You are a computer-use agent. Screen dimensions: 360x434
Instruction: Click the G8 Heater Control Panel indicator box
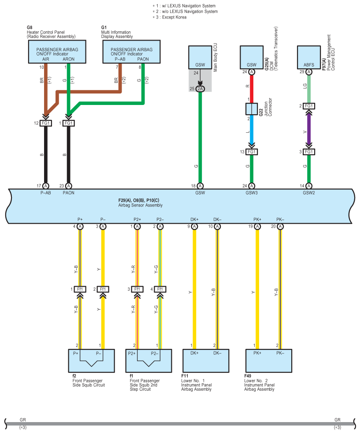[57, 52]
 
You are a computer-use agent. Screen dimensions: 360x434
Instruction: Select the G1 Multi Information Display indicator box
[132, 52]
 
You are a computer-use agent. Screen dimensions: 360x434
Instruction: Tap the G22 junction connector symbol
[252, 109]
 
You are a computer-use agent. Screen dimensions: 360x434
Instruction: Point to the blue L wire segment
[252, 129]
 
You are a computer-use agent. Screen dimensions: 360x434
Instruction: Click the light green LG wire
[309, 89]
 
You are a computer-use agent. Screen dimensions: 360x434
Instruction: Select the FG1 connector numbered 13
[252, 152]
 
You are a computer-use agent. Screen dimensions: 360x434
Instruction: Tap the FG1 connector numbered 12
[46, 123]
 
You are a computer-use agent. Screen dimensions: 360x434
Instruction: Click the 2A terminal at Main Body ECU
[200, 89]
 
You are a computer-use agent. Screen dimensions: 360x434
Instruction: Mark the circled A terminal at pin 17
[46, 186]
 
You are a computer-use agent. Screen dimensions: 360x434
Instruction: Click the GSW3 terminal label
[252, 193]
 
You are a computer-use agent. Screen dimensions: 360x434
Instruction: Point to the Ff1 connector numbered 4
[160, 289]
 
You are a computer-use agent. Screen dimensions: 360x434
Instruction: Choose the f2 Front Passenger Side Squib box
[92, 361]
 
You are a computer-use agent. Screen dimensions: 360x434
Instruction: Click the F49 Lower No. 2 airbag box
[269, 361]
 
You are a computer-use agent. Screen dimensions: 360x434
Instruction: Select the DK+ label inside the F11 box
[194, 353]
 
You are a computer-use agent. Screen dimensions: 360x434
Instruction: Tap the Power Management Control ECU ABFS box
[309, 57]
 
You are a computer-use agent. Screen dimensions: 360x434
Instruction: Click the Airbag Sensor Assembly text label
[141, 205]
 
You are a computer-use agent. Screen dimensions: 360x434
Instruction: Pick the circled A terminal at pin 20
[280, 227]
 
